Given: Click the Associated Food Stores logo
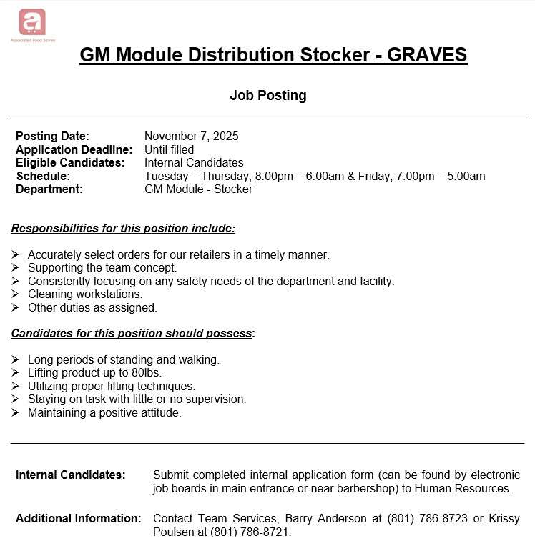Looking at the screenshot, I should (32, 23).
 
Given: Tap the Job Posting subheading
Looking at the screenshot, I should (267, 95).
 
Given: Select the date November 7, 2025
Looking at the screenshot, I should (191, 136).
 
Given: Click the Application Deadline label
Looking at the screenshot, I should (74, 149).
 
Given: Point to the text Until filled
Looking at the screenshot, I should (169, 149).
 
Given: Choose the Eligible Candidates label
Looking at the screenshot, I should (70, 162).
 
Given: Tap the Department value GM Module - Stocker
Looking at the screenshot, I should (198, 189).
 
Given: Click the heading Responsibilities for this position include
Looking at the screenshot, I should (123, 229).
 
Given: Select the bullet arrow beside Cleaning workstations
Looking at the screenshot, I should (16, 294).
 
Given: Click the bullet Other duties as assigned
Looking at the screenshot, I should (92, 307).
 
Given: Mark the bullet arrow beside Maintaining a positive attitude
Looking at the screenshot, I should (16, 413).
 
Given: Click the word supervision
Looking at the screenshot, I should (218, 399).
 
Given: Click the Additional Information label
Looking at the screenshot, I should (78, 518).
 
